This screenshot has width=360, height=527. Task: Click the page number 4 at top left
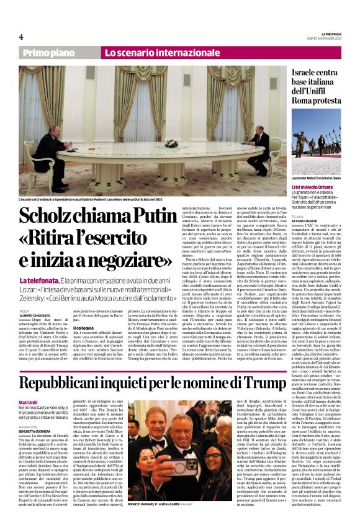[21, 37]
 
